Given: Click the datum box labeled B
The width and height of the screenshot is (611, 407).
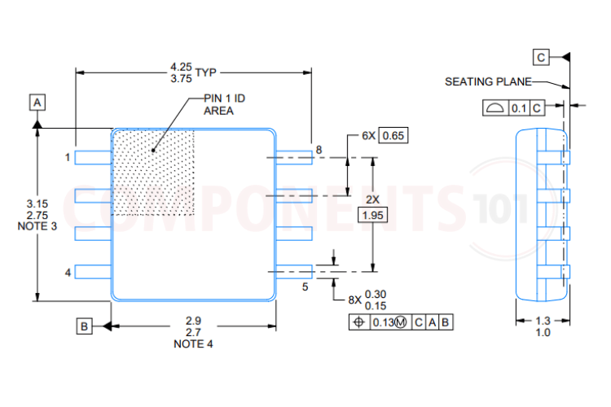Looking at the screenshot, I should [x=85, y=326].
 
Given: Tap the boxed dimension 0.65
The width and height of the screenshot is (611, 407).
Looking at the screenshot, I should [x=393, y=135].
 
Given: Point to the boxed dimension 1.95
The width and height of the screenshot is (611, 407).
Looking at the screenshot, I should [x=373, y=215].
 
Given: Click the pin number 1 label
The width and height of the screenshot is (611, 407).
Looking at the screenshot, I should [x=68, y=157].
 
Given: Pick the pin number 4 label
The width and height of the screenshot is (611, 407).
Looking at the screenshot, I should [x=68, y=272].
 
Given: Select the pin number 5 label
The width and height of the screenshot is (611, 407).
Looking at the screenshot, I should [x=305, y=287].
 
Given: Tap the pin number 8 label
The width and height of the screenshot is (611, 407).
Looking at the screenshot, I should [x=319, y=150].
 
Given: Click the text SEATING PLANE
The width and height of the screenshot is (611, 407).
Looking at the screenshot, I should [x=488, y=81].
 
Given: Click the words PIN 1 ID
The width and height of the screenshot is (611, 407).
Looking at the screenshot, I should [x=224, y=98].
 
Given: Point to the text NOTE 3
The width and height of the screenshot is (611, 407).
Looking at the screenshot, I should [x=37, y=226].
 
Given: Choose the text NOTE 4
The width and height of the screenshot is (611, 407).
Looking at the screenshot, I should [x=194, y=344].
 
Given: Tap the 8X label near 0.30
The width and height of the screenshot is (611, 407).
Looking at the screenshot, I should [x=354, y=300].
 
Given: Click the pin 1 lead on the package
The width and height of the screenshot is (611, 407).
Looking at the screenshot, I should [x=93, y=157].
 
